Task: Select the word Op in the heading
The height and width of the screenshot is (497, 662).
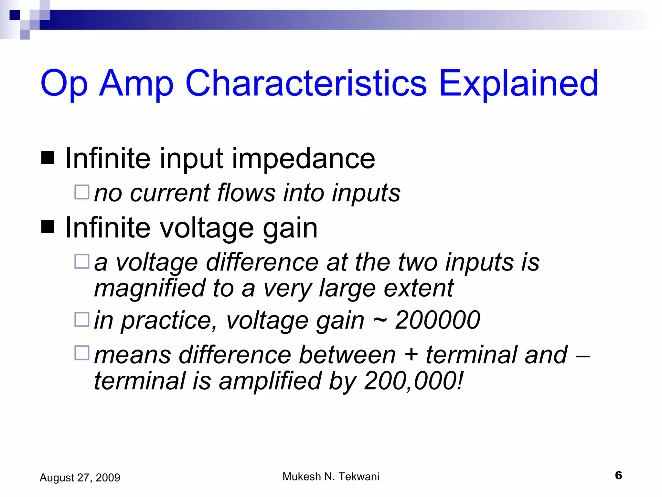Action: (64, 84)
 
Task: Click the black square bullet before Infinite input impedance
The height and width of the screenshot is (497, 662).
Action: (48, 158)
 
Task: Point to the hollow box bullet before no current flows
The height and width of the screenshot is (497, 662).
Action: (82, 192)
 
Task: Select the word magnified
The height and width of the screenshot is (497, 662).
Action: (150, 289)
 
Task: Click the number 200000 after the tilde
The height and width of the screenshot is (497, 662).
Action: (437, 320)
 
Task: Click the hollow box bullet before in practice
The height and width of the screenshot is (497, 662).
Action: (82, 319)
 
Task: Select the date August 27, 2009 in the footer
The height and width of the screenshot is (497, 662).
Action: (80, 478)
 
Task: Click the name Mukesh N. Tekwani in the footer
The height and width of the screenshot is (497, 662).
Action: (331, 477)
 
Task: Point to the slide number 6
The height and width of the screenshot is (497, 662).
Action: (618, 475)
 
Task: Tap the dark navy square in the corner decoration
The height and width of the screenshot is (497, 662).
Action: (15, 15)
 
